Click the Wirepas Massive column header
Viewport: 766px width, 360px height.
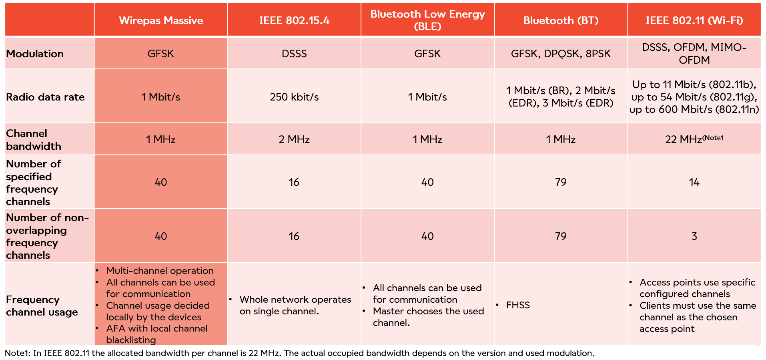click(x=161, y=20)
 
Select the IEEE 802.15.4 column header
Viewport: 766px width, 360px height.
click(x=294, y=20)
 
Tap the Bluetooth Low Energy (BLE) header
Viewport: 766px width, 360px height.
click(x=427, y=20)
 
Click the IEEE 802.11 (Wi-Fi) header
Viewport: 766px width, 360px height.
click(x=694, y=20)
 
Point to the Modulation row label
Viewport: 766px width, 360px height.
click(x=35, y=54)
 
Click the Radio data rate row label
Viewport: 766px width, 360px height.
click(x=45, y=97)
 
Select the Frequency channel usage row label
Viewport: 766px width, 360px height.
click(x=42, y=306)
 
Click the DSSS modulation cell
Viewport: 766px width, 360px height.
click(x=294, y=54)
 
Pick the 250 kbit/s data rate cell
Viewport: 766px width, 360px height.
click(x=294, y=97)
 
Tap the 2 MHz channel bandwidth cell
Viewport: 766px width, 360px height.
click(x=294, y=139)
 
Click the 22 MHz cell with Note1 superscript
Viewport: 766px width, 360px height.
click(x=694, y=139)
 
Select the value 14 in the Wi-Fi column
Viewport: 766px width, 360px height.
click(x=694, y=182)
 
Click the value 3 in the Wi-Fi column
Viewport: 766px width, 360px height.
click(x=694, y=236)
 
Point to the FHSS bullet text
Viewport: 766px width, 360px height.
click(x=518, y=305)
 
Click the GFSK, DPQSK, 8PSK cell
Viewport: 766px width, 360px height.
click(x=561, y=54)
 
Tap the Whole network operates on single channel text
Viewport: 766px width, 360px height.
click(x=295, y=305)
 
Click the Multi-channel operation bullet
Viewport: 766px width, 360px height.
click(x=160, y=271)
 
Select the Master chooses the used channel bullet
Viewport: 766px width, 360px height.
click(x=428, y=317)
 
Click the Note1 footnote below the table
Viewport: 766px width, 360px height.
click(x=299, y=353)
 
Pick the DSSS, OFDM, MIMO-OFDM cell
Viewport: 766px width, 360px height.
click(x=694, y=54)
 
